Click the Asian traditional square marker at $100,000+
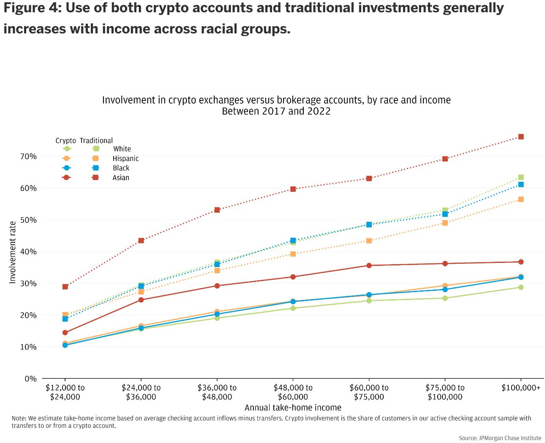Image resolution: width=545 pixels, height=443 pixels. pos(521,137)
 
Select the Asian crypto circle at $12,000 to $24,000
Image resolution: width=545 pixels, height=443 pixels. pos(65,333)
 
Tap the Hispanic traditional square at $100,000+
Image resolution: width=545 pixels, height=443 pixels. pos(521,199)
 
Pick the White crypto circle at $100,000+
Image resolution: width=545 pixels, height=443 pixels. pos(521,287)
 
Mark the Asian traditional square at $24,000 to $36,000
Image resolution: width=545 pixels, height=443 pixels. pos(141,241)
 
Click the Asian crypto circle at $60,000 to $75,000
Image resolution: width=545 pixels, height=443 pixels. pos(369,265)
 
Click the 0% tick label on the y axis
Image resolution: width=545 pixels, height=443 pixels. pos(30,379)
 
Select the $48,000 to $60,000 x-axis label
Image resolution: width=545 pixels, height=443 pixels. pos(293,392)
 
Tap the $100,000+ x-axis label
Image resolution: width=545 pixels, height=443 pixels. pos(521,388)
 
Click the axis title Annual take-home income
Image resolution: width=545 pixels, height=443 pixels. pos(293,408)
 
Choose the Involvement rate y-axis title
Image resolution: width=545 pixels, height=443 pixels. pos(13,252)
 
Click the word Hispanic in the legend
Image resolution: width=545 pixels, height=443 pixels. pos(125,159)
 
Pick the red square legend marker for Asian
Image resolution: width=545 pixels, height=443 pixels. pos(95,178)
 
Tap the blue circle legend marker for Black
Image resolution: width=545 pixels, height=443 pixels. pos(66,168)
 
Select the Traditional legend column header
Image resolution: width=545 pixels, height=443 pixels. pos(96,141)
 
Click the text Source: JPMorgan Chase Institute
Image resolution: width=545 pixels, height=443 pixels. pos(500,438)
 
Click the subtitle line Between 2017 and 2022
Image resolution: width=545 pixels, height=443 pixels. pos(276,112)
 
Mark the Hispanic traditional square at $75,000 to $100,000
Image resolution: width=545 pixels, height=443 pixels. pos(445,223)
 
